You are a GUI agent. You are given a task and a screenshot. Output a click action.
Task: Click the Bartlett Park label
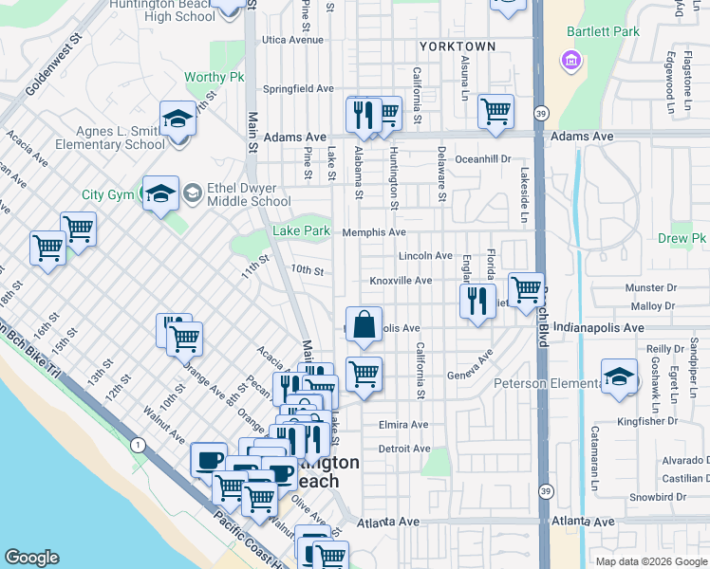(x=603, y=31)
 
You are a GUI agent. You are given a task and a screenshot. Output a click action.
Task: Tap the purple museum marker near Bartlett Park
(x=571, y=62)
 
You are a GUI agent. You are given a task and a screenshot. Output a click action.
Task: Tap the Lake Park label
(x=301, y=230)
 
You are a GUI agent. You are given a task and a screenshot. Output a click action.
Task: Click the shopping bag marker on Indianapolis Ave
(x=364, y=324)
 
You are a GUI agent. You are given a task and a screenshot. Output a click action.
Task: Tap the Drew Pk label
(x=682, y=238)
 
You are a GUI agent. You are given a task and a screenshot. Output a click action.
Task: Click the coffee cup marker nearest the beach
(x=209, y=460)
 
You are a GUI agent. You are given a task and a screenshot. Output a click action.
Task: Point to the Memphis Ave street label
(x=374, y=232)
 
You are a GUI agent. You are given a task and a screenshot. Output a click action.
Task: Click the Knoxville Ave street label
(x=401, y=281)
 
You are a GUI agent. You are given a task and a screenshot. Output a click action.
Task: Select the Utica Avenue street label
(x=293, y=40)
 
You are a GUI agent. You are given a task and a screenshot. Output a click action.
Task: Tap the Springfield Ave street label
(x=299, y=88)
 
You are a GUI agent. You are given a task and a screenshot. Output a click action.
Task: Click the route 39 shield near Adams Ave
(x=539, y=111)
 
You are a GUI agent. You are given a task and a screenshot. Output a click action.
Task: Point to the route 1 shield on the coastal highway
(x=139, y=445)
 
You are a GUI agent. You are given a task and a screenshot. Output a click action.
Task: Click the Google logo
(x=31, y=558)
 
